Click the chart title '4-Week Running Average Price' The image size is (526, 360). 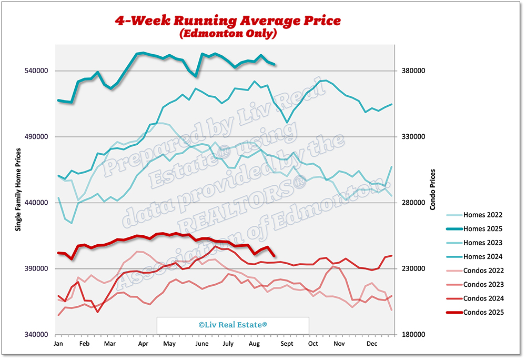(228, 21)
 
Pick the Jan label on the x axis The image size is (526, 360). (58, 344)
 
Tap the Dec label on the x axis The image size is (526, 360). (372, 344)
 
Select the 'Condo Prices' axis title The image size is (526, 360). (432, 189)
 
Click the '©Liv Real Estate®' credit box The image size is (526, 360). (232, 325)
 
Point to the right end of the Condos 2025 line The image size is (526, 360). (275, 256)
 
